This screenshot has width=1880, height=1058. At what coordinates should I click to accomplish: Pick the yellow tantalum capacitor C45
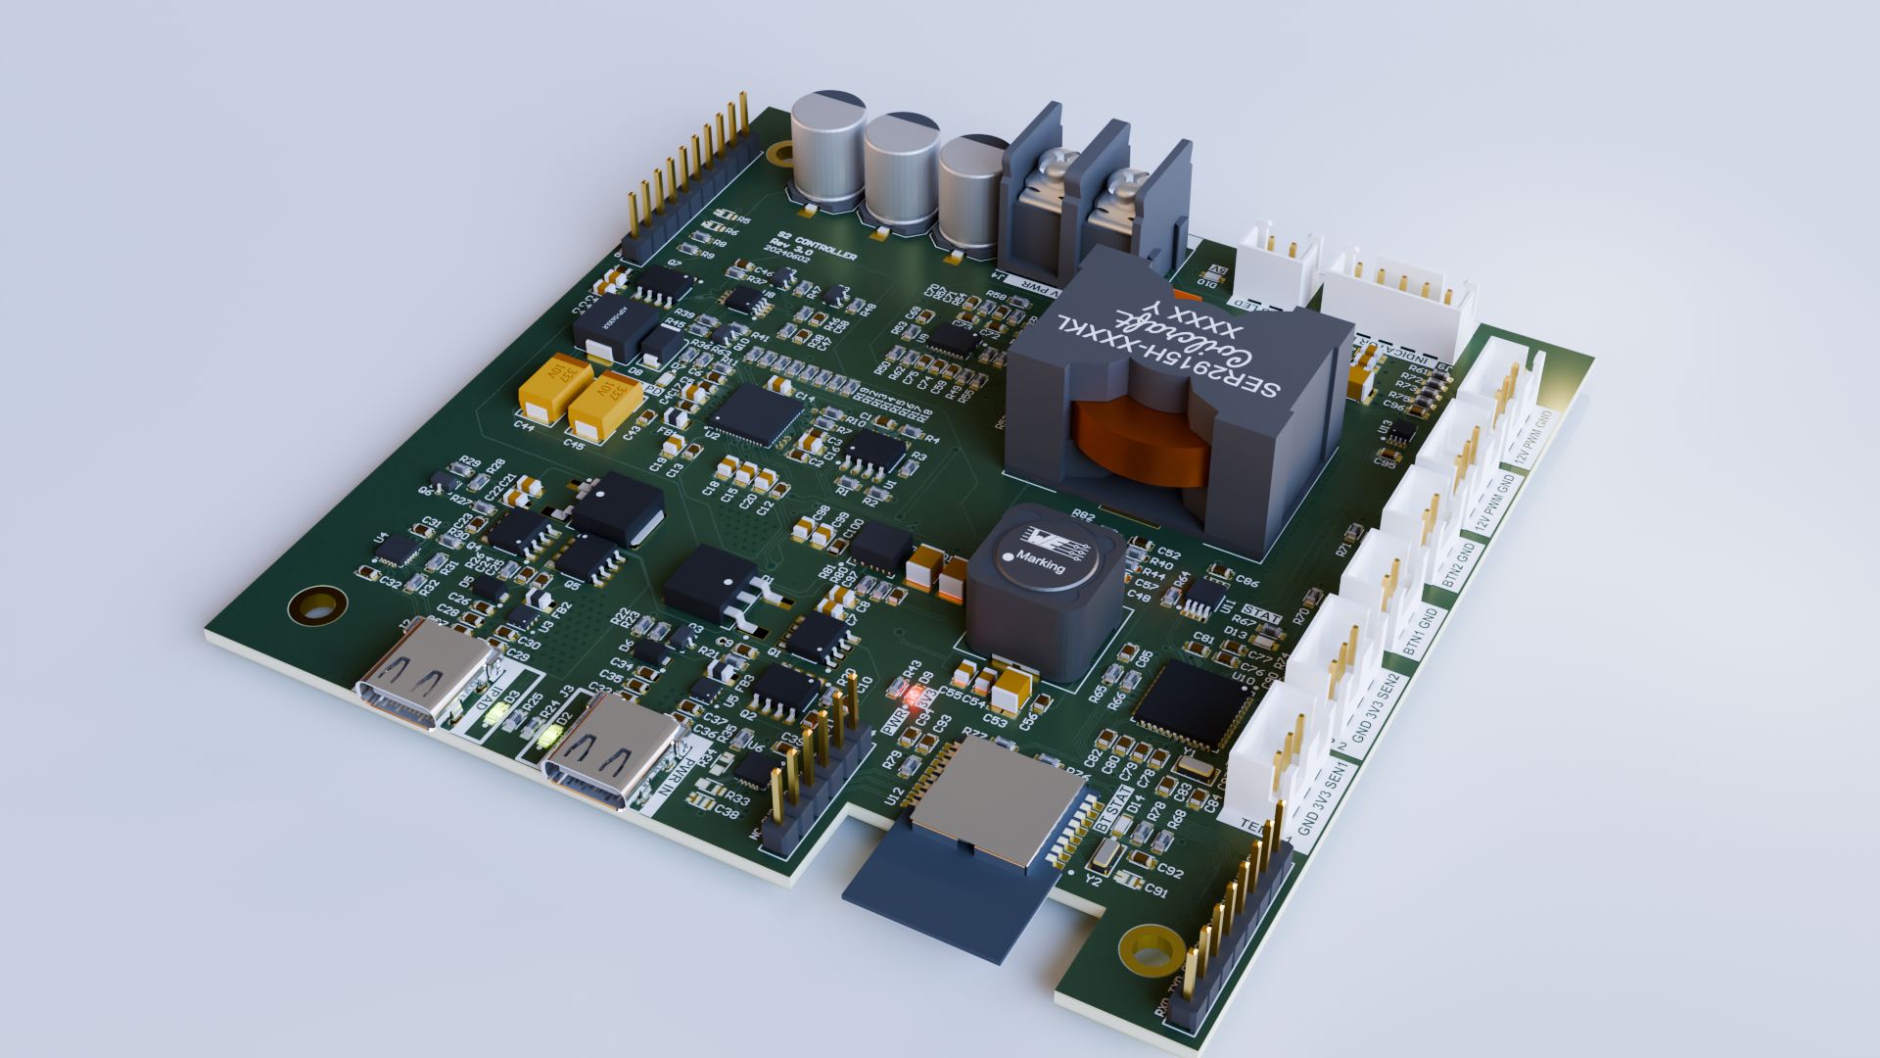605,404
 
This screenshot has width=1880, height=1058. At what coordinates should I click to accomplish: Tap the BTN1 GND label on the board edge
1420,633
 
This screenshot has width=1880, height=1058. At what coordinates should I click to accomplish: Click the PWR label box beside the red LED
892,724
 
